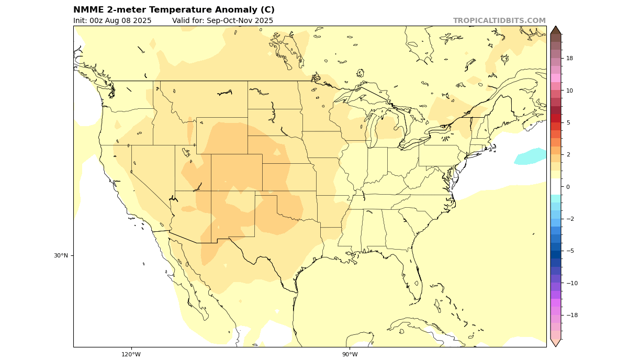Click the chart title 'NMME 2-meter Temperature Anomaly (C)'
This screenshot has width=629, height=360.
click(x=174, y=10)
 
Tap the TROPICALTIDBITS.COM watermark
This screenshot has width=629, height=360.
click(x=499, y=21)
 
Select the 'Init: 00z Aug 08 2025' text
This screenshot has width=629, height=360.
click(x=113, y=21)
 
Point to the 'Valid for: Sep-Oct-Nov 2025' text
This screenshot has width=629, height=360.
click(x=222, y=21)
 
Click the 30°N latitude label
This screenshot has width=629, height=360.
click(x=61, y=256)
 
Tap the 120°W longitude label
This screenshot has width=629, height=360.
click(x=131, y=354)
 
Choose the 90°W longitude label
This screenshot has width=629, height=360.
click(x=350, y=354)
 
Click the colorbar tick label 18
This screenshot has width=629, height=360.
click(x=569, y=59)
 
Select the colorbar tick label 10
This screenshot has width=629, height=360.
click(x=569, y=91)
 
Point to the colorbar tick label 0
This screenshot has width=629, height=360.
click(x=567, y=187)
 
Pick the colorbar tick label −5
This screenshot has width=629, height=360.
click(x=569, y=251)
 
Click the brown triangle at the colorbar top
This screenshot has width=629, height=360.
click(x=556, y=30)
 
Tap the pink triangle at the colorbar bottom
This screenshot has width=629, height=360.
click(x=556, y=343)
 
